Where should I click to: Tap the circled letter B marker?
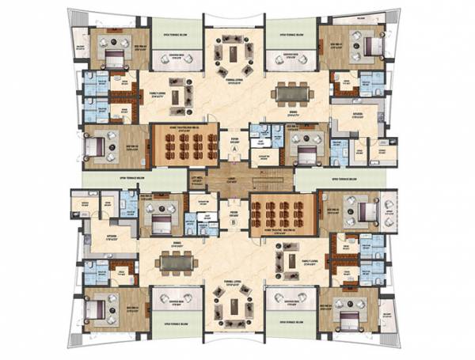pos(234,222)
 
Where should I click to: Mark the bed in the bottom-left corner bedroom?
pos(101,305)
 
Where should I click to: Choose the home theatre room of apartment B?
pos(278,212)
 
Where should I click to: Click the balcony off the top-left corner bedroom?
pos(78,47)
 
